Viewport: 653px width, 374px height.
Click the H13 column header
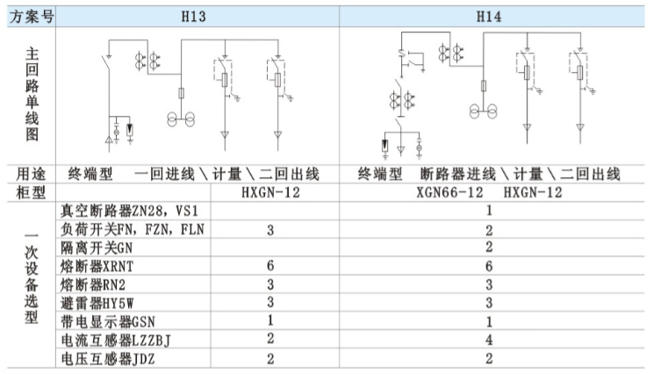(x=194, y=17)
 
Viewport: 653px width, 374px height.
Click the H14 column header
(x=489, y=17)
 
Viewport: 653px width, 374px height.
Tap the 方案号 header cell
(x=32, y=17)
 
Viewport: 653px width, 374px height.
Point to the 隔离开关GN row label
(x=97, y=248)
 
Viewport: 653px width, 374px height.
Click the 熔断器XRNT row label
(x=97, y=266)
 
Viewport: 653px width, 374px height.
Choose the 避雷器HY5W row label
(x=97, y=303)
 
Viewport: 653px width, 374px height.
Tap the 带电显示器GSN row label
(x=108, y=321)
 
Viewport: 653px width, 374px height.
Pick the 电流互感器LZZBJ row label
(x=116, y=341)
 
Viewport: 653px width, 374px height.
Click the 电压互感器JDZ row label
(x=108, y=358)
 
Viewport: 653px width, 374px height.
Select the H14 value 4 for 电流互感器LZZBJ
(x=489, y=340)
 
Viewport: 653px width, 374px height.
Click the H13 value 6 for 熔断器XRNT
(x=270, y=266)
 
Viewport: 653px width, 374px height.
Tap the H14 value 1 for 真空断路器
(x=489, y=211)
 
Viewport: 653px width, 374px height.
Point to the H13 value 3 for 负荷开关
(x=270, y=229)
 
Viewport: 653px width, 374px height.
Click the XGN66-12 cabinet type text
(x=449, y=192)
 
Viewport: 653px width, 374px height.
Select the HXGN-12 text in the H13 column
(x=270, y=192)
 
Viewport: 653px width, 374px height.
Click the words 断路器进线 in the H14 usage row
(x=457, y=174)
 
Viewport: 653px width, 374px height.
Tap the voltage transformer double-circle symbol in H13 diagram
(x=181, y=119)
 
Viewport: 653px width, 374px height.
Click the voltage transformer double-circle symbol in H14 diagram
(x=483, y=111)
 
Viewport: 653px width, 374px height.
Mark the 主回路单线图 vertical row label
(x=32, y=94)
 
